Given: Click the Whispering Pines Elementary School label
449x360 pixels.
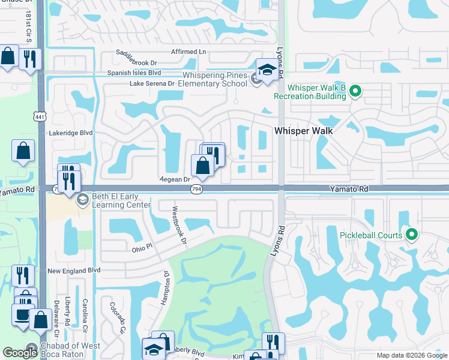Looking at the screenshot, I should click(x=214, y=79).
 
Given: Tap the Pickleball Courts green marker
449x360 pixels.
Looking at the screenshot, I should click(x=412, y=235).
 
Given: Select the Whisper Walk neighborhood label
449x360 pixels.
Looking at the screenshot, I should click(x=303, y=130).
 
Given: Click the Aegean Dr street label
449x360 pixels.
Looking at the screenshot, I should click(x=175, y=179).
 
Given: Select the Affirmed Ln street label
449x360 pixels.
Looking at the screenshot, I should click(x=188, y=52).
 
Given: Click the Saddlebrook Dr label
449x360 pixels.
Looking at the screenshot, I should click(x=136, y=62).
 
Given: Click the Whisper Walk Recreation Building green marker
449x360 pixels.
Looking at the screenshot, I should click(x=355, y=91).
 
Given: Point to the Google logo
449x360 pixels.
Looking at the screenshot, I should click(x=20, y=353).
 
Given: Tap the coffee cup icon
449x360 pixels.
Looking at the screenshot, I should click(x=22, y=315).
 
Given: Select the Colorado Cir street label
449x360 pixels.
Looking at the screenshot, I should click(x=116, y=317).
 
